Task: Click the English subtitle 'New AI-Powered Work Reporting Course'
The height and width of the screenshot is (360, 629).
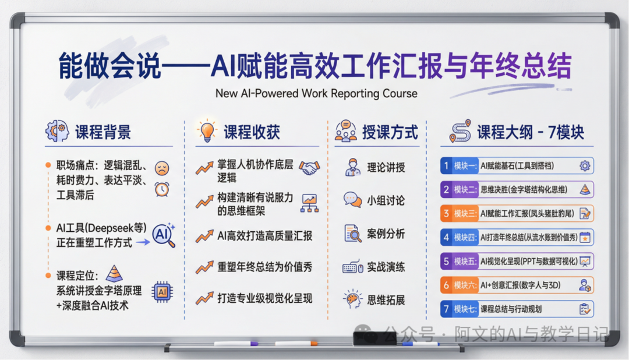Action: [316, 93]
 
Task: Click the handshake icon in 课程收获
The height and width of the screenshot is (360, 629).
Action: [309, 168]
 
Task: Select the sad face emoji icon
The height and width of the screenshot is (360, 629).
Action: [162, 169]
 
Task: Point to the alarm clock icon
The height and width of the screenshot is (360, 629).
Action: [162, 189]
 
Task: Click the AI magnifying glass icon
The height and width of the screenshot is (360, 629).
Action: [163, 234]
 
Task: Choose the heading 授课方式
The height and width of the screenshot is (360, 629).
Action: [390, 132]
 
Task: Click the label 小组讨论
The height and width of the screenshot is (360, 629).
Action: [386, 201]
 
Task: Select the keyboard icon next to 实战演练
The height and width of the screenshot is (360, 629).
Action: [352, 267]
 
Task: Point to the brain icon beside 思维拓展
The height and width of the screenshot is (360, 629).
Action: [352, 299]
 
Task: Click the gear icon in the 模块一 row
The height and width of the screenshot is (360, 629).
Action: [585, 165]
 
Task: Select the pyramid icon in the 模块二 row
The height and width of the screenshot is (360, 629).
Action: [585, 189]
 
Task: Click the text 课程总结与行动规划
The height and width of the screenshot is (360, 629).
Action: [511, 309]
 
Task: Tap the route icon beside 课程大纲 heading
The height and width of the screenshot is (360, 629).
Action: [460, 132]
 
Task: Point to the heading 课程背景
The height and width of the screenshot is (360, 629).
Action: [103, 132]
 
